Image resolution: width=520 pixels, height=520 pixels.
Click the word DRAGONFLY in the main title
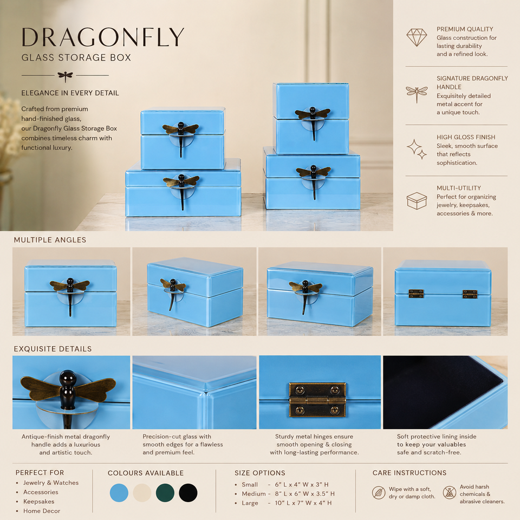[x=103, y=37]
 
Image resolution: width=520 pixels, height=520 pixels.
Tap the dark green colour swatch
[x=165, y=493]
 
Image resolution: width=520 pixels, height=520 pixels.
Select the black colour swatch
[x=188, y=493]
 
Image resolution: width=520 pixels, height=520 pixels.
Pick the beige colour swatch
[x=142, y=493]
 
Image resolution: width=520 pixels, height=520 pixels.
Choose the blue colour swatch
[x=119, y=493]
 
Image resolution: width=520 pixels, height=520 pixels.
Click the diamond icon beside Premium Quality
[x=417, y=37]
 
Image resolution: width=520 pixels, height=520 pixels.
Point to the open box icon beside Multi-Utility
[x=417, y=200]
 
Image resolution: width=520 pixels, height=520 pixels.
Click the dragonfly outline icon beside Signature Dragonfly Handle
[x=417, y=94]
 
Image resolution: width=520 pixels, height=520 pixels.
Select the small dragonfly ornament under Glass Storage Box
[x=65, y=76]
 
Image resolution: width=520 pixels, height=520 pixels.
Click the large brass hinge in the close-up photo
[x=317, y=399]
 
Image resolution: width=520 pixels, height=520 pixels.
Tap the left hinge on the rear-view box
[x=416, y=294]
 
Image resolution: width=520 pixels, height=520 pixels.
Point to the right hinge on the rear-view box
[x=470, y=294]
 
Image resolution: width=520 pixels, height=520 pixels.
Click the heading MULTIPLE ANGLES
[x=50, y=240]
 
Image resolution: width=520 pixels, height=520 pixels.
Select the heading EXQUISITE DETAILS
[x=53, y=349]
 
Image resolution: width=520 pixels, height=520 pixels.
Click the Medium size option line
[x=288, y=494]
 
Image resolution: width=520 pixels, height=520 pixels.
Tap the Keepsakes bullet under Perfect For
[x=38, y=502]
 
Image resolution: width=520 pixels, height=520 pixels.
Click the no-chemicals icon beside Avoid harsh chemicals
[x=450, y=492]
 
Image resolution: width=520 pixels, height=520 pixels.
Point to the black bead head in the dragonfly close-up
[x=68, y=378]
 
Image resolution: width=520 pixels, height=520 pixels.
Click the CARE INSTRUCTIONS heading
[x=409, y=472]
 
